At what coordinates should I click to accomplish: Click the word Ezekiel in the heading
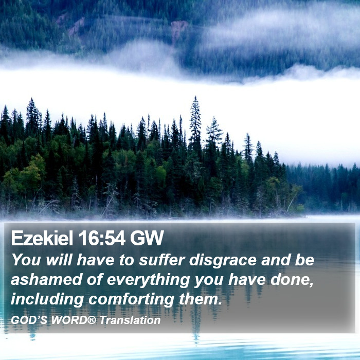(x=42, y=238)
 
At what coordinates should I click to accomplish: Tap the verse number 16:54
(x=102, y=238)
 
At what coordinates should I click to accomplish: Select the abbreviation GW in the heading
(x=147, y=238)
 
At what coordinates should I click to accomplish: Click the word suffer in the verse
(x=162, y=260)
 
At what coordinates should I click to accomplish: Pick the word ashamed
(x=46, y=279)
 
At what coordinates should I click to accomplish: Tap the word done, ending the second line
(x=292, y=280)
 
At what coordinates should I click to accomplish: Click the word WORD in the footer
(x=69, y=320)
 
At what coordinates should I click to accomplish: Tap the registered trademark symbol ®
(x=92, y=319)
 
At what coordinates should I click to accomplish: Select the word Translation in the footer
(x=130, y=320)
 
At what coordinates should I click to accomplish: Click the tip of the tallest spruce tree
(x=195, y=97)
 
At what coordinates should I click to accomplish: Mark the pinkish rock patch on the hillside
(x=178, y=29)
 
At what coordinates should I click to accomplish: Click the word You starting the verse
(x=26, y=260)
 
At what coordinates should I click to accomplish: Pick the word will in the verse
(x=59, y=260)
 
